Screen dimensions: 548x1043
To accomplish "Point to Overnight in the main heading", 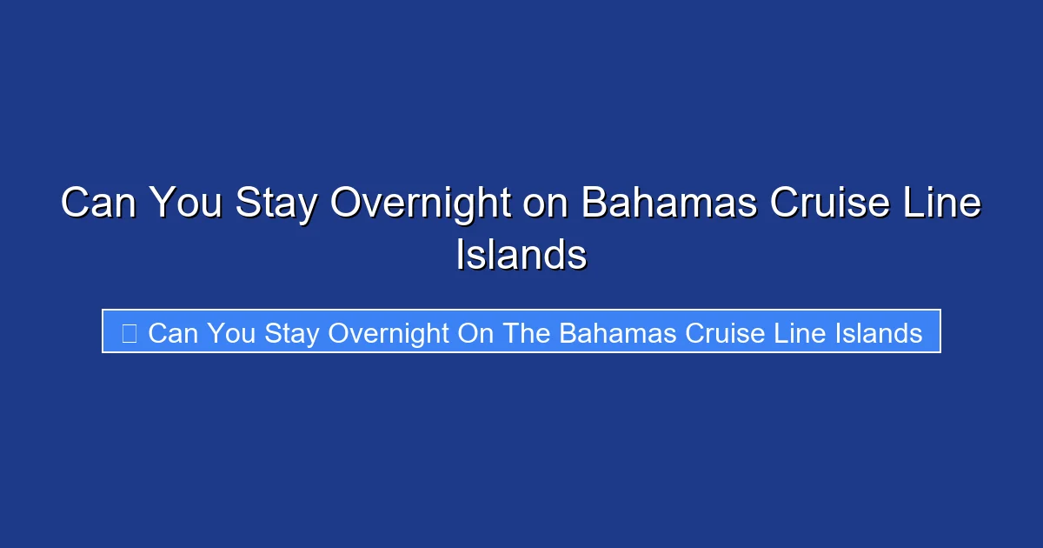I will point(422,204).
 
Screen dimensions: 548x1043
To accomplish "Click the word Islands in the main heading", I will point(521,255).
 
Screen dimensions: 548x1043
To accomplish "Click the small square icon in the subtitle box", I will point(129,332).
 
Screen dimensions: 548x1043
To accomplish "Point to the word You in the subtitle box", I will point(232,332).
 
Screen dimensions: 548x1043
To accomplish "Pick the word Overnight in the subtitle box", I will point(389,332).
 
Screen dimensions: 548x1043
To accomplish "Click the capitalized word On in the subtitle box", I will point(475,332).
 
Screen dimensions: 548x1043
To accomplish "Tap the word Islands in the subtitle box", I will point(879,332).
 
